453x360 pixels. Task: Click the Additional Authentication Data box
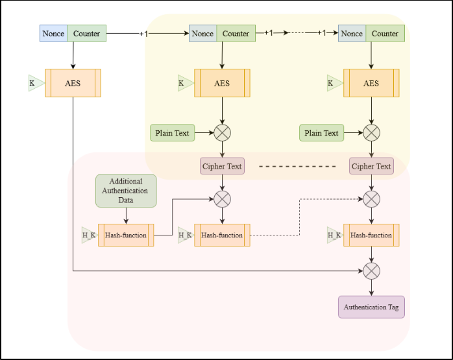126,191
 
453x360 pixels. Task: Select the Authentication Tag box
371,307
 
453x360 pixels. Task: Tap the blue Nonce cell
53,33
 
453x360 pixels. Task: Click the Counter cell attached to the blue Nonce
86,33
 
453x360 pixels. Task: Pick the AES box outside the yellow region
73,83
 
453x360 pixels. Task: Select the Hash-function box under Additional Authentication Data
126,235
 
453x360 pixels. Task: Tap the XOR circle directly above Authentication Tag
371,270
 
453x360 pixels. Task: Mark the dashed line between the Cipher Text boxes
297,167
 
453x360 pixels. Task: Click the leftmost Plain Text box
173,133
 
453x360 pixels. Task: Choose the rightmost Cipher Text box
371,166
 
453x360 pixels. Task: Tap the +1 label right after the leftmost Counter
144,33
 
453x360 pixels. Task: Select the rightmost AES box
371,83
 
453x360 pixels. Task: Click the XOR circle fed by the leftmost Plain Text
223,133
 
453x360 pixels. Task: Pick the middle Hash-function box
223,235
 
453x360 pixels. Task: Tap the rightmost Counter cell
385,33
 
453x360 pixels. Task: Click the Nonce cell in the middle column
202,33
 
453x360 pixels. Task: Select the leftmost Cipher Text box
222,166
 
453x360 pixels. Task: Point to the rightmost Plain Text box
322,133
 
